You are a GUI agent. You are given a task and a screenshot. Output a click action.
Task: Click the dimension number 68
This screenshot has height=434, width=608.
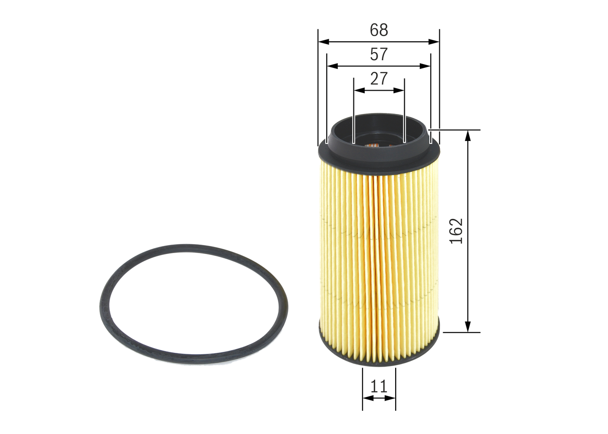click(379, 30)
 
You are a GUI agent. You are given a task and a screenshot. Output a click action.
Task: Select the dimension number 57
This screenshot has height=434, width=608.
click(379, 55)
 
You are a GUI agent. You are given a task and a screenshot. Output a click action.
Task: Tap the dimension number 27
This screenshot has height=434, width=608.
click(379, 78)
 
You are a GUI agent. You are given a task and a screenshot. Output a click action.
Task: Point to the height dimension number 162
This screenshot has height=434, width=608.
click(456, 231)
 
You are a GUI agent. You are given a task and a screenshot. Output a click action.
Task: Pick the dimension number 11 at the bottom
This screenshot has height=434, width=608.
click(379, 387)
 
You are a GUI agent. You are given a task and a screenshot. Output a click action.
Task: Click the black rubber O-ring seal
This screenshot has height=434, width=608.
click(107, 304)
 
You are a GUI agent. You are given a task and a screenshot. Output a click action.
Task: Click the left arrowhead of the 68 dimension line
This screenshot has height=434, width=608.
click(322, 42)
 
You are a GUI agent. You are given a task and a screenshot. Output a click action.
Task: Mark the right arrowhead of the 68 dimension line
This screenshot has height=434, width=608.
click(436, 42)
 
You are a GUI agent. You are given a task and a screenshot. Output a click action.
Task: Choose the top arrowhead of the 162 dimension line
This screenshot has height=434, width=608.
click(468, 135)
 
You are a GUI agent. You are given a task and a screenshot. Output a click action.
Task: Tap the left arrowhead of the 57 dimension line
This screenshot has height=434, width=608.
click(331, 66)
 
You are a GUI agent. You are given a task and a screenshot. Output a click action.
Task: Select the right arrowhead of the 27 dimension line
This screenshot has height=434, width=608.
click(400, 90)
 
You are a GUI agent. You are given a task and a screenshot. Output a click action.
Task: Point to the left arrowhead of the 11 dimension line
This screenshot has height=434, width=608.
click(366, 398)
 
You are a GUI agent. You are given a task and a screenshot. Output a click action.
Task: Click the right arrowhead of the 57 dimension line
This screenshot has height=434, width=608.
click(427, 66)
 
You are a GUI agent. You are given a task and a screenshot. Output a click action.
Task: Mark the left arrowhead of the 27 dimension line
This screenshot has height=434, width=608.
click(358, 90)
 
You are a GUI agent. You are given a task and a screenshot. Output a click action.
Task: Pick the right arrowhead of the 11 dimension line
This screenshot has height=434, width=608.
click(392, 398)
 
